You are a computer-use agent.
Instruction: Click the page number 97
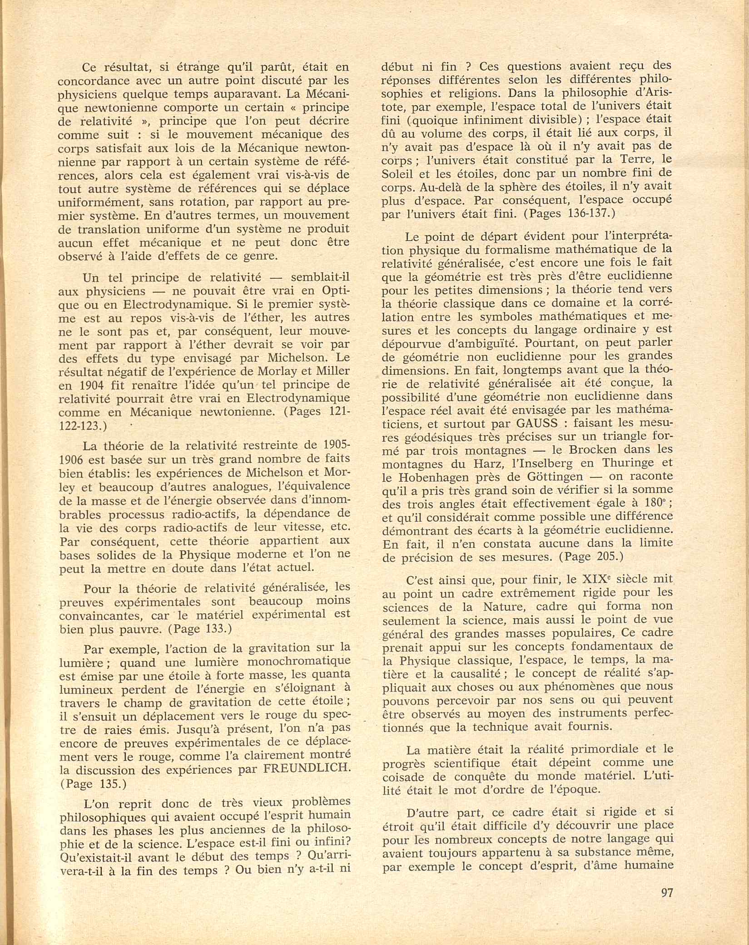[666, 892]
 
